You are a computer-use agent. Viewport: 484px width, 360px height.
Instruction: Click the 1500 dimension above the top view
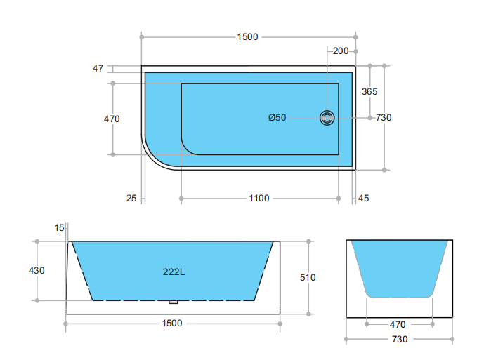coord(247,37)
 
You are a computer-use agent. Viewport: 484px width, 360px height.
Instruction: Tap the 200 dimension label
coord(341,51)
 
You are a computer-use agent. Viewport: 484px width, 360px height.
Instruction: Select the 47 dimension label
coord(98,68)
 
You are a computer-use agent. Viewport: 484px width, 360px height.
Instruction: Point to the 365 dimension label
coord(369,91)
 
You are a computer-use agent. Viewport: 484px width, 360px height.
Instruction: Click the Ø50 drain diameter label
coord(277,117)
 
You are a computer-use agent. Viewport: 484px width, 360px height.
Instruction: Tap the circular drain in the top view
coord(327,118)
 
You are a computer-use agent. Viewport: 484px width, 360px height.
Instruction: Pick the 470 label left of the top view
coord(112,119)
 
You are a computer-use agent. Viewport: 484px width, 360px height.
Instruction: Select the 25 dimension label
coord(131,198)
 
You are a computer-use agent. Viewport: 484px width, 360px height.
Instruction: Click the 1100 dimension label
coord(259,198)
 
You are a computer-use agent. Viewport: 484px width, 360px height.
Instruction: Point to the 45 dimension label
coord(363,198)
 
